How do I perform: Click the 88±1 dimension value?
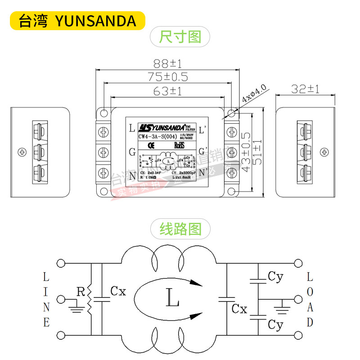point(167,63)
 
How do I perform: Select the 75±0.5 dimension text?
point(167,77)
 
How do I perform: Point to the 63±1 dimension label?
point(167,91)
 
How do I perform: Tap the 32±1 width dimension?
point(305,89)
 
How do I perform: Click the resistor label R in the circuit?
point(81,292)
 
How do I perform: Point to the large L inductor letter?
point(172,297)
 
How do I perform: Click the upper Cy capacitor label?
point(275,277)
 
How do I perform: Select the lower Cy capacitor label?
point(275,324)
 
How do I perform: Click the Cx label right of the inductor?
point(239,309)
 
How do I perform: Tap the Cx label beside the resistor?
point(118,292)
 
